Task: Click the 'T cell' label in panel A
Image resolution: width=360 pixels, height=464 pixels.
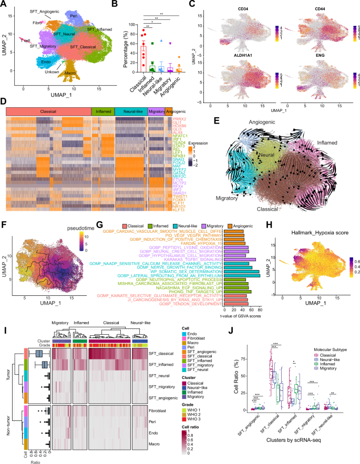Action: [x=26, y=39]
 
